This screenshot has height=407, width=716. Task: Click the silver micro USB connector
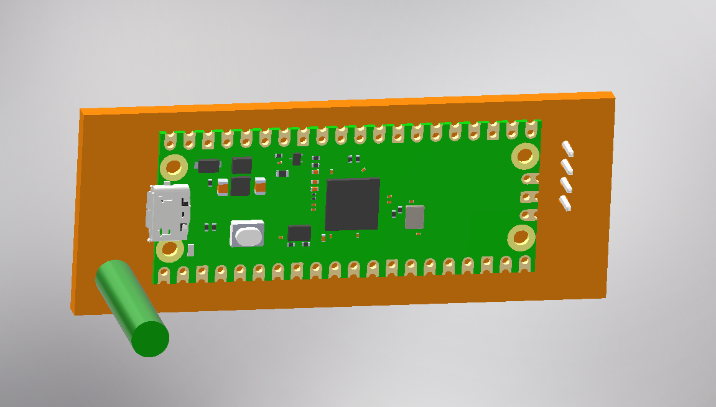pos(167,213)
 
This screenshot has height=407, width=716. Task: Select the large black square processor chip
pos(352,204)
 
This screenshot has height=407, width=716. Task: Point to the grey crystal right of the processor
pos(414,217)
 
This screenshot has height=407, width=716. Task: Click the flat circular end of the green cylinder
pos(151,339)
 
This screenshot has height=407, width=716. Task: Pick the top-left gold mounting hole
pos(174,167)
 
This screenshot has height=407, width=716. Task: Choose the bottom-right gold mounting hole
pos(521,238)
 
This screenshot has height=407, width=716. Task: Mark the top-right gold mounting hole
pos(525,156)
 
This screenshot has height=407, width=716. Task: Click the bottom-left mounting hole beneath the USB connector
pos(169,250)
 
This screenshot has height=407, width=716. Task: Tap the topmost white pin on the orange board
pos(567,148)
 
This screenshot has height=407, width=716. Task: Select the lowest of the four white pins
pos(565,203)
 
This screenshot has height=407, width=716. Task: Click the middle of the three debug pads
pos(528,197)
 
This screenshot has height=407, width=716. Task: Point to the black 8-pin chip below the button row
pos(299,233)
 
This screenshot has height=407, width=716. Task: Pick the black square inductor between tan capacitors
pos(240,186)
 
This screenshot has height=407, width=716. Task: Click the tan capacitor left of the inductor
pos(223,186)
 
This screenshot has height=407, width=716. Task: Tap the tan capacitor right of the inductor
pos(260,185)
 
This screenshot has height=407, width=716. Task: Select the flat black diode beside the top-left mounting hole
pos(208,166)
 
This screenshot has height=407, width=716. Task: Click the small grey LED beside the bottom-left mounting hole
pos(191,250)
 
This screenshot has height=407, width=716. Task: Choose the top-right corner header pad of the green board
pos(531,129)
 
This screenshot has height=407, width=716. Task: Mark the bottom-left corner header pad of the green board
pos(164,274)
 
